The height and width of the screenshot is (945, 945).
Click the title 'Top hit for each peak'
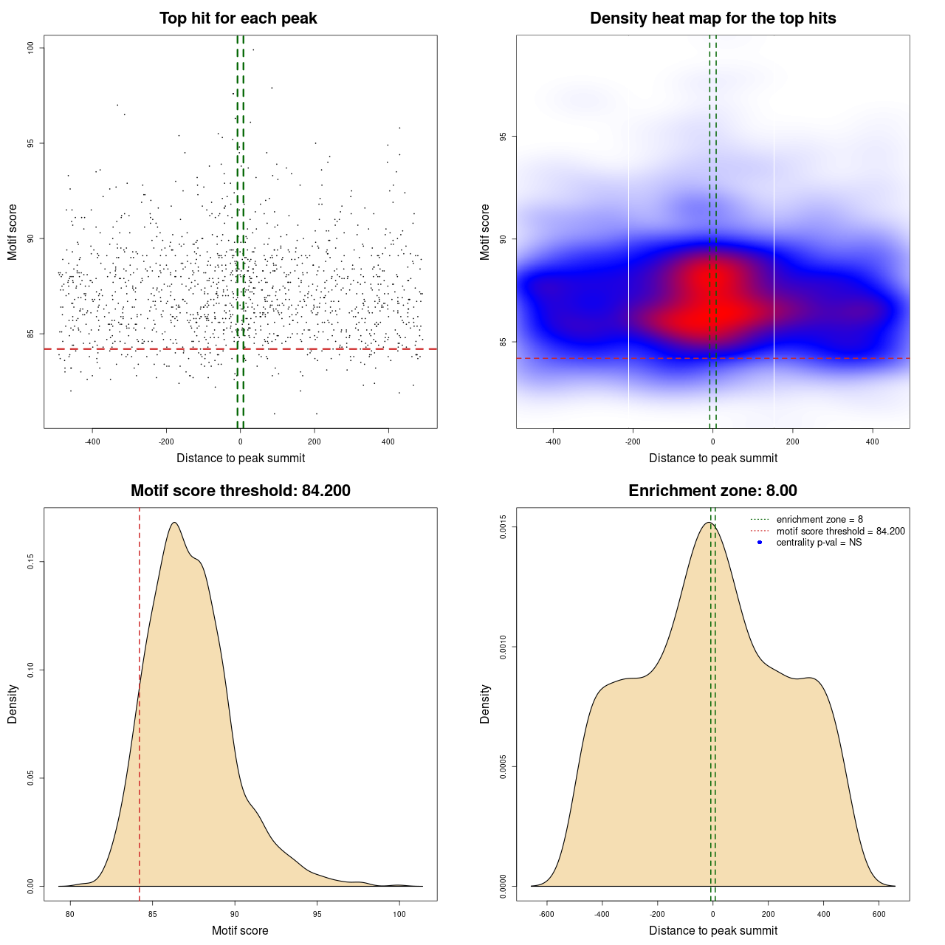pos(238,18)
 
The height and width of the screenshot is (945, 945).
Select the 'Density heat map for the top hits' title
pos(712,18)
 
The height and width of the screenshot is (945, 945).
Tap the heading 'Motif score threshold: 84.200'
pos(240,491)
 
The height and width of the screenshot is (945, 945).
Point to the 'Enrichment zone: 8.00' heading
pos(712,491)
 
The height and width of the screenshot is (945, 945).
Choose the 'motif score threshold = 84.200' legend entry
pos(840,531)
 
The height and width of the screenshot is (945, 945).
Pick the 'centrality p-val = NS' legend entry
pos(819,543)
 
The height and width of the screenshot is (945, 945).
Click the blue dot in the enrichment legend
pos(760,543)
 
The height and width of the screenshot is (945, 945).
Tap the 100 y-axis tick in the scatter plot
pos(31,48)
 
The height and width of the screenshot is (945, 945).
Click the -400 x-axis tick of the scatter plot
pos(92,441)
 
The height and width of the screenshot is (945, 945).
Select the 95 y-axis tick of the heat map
pos(504,137)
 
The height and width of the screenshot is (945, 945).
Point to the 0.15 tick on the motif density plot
pos(31,563)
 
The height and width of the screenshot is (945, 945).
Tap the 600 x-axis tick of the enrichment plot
pos(879,914)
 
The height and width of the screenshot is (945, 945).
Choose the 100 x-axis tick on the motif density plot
pos(399,914)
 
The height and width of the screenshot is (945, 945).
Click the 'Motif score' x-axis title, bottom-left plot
pos(240,930)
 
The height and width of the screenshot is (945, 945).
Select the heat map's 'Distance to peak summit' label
pos(713,458)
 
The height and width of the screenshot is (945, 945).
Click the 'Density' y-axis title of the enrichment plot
pos(485,704)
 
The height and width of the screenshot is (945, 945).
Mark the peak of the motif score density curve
pos(174,523)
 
